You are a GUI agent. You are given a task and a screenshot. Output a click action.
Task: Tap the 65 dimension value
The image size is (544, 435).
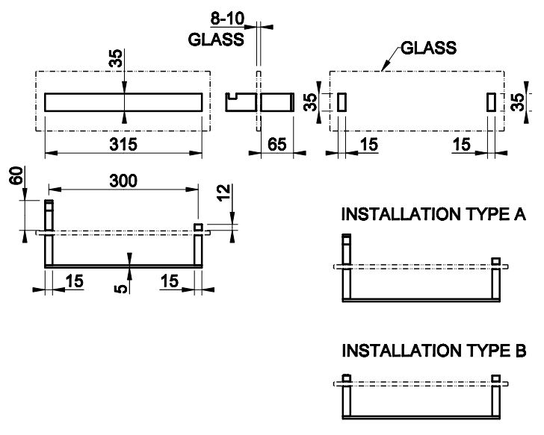pyautogui.click(x=277, y=145)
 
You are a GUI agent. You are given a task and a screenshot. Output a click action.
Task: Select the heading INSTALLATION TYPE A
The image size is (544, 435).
pyautogui.click(x=433, y=216)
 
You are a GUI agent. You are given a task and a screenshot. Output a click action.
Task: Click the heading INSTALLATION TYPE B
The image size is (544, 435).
pyautogui.click(x=433, y=351)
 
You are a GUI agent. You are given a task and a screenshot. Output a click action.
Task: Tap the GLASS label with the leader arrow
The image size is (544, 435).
pyautogui.click(x=428, y=48)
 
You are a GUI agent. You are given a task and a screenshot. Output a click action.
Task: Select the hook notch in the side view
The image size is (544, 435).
pyautogui.click(x=236, y=96)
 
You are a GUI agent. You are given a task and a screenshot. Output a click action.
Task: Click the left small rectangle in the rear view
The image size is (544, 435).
pyautogui.click(x=342, y=103)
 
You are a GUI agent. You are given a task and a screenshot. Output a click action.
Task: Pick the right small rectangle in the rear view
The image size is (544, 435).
pyautogui.click(x=492, y=103)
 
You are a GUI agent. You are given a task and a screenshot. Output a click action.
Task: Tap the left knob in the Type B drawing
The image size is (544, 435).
pyautogui.click(x=346, y=377)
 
